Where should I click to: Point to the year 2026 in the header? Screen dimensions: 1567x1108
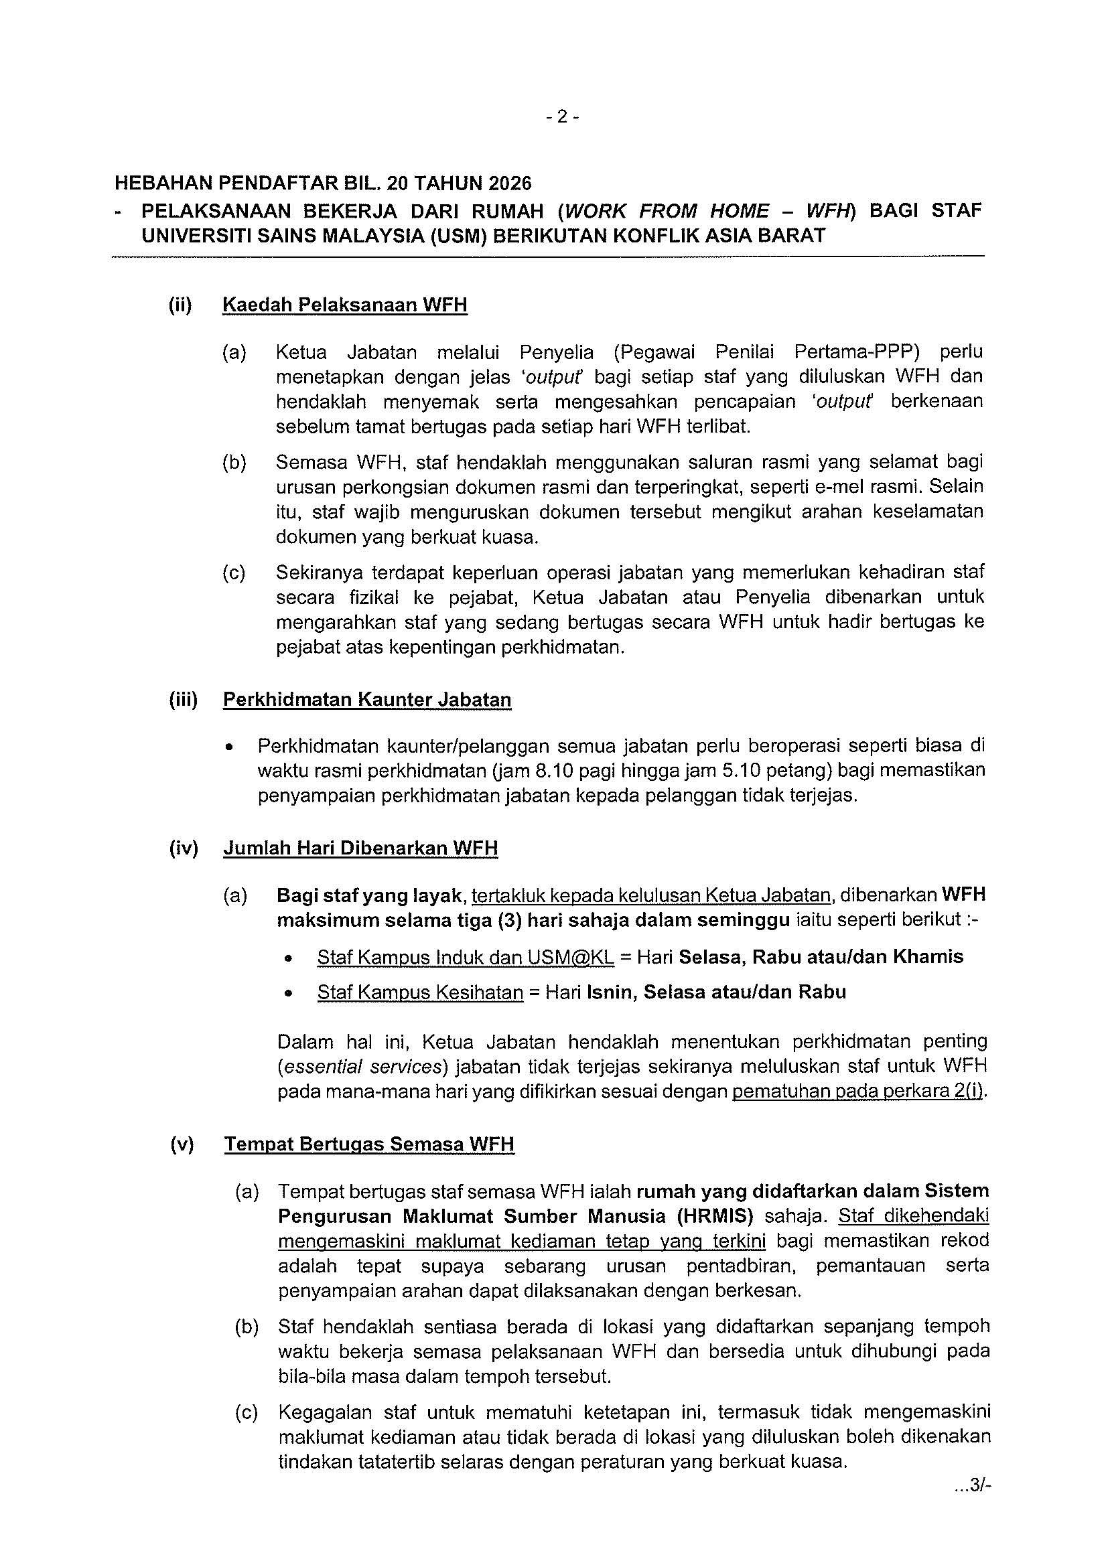(x=506, y=183)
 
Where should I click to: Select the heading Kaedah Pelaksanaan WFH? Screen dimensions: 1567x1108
(x=345, y=305)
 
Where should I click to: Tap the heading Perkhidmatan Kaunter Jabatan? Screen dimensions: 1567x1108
(x=366, y=700)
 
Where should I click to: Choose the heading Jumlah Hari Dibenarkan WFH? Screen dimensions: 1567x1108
(x=360, y=848)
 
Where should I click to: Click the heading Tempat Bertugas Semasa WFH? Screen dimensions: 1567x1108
(x=368, y=1144)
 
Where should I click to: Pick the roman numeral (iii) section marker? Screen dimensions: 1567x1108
(x=183, y=700)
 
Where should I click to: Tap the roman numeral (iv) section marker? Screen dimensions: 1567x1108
(x=183, y=848)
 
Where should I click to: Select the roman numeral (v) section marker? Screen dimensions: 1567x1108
(x=182, y=1144)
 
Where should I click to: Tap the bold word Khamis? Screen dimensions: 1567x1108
(x=930, y=957)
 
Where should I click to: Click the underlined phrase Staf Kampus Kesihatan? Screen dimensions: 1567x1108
(x=420, y=992)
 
